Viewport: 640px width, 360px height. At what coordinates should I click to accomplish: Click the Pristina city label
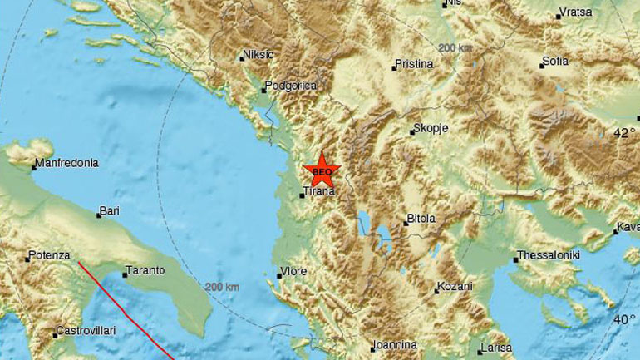click(415, 63)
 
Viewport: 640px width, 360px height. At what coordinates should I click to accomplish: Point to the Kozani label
click(455, 287)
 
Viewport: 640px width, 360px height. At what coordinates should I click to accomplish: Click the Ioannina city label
click(394, 344)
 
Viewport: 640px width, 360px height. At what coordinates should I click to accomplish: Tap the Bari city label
click(109, 211)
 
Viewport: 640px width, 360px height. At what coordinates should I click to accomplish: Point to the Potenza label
click(49, 255)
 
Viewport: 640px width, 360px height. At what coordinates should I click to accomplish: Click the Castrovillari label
click(86, 331)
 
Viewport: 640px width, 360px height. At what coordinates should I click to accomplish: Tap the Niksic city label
click(257, 56)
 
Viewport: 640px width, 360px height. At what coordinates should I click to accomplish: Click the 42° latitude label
click(624, 132)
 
